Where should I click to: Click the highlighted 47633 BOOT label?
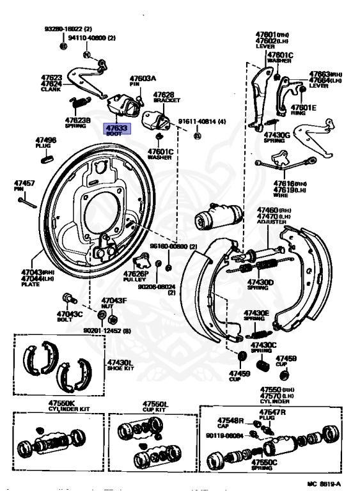pyautogui.click(x=117, y=130)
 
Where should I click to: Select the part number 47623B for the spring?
pyautogui.click(x=78, y=122)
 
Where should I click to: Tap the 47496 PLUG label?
pyautogui.click(x=45, y=143)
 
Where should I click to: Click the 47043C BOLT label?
pyautogui.click(x=68, y=316)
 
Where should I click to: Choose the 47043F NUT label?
pyautogui.click(x=115, y=303)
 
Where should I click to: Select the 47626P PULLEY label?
pyautogui.click(x=136, y=276)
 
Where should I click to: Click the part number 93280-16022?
pyautogui.click(x=68, y=29)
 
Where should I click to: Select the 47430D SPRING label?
pyautogui.click(x=262, y=284)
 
